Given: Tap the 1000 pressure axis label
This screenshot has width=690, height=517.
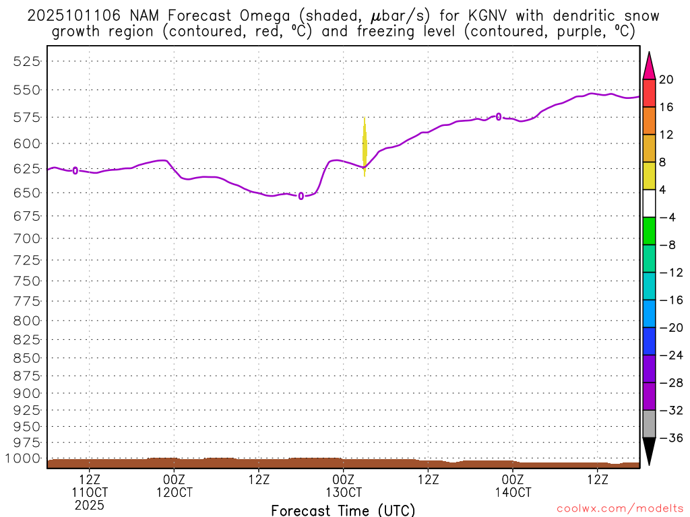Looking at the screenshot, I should [x=24, y=458].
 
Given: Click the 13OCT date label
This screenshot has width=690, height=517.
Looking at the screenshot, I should [x=343, y=492].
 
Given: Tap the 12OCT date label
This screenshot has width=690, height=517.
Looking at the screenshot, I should [x=174, y=492].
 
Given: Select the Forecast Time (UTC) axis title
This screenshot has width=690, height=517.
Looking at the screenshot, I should [x=343, y=510].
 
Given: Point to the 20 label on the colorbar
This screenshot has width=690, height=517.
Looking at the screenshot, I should [x=666, y=79].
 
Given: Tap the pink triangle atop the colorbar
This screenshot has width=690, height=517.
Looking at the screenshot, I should [x=649, y=65].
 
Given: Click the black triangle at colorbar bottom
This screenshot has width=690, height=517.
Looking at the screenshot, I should [x=649, y=451].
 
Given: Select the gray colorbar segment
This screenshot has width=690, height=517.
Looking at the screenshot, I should [x=649, y=424].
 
